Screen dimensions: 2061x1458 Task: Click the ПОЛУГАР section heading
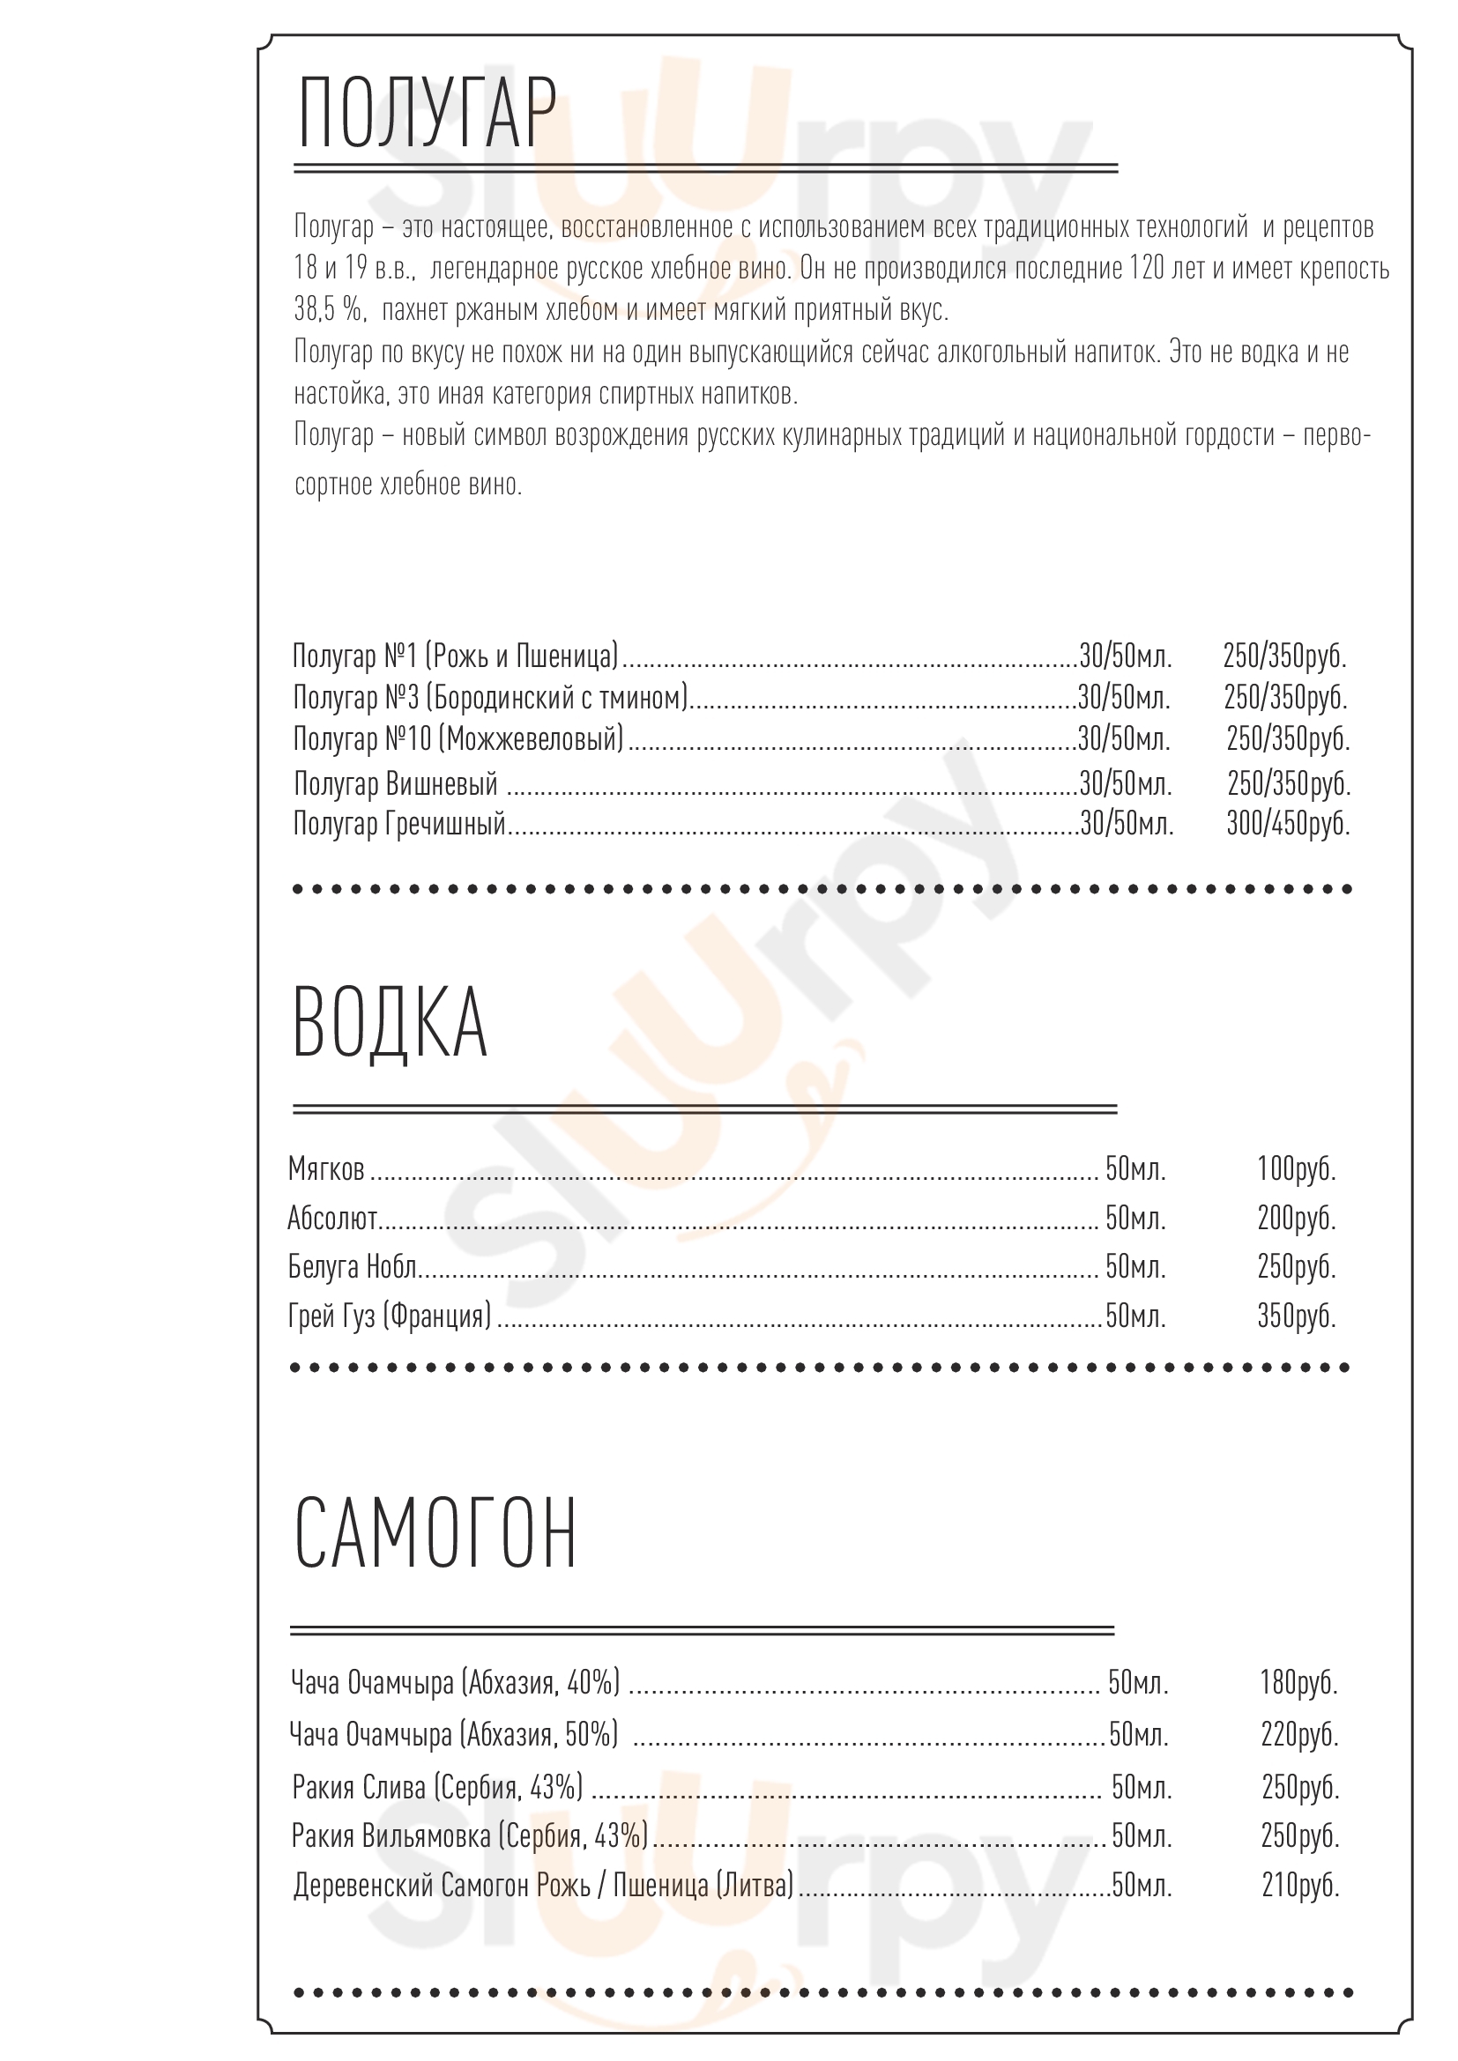tap(427, 114)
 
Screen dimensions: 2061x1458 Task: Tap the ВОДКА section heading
tap(390, 1023)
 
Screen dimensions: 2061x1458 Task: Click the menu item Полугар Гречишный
tap(399, 823)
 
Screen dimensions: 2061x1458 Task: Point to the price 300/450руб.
tap(1287, 823)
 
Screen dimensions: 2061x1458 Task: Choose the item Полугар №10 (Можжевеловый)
tap(457, 739)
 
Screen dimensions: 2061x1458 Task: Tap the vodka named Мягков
tap(326, 1168)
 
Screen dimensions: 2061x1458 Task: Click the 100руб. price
tap(1296, 1168)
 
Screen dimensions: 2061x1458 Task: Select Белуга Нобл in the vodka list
tap(352, 1266)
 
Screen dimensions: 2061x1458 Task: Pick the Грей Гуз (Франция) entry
tap(390, 1316)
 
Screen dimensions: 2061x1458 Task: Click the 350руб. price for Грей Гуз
tap(1296, 1316)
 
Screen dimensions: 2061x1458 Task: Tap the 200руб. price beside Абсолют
tap(1296, 1218)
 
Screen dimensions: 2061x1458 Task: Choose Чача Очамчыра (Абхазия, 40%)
tap(455, 1682)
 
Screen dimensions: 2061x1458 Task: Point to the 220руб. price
tap(1299, 1735)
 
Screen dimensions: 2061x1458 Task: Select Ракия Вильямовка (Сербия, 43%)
tap(470, 1836)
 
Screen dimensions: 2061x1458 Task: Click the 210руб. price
tap(1300, 1886)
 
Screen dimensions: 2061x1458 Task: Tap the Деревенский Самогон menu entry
tap(543, 1886)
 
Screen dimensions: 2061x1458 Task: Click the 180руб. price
tap(1298, 1682)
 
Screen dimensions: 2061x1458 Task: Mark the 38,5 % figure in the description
tap(329, 309)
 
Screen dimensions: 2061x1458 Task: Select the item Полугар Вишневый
tap(395, 783)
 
